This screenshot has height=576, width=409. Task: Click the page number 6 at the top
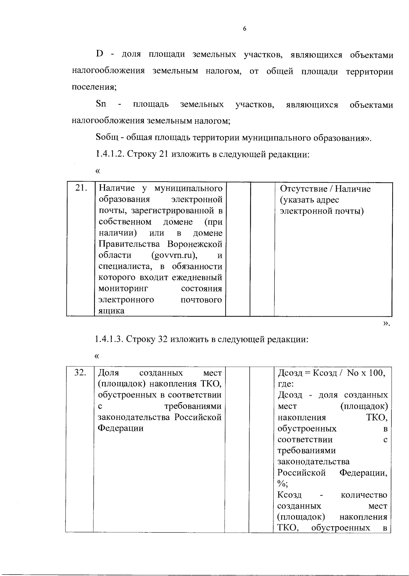[244, 29]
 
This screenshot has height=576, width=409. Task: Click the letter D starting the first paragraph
[100, 54]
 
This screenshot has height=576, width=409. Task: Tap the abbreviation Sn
[101, 104]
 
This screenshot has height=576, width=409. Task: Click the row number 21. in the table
[81, 188]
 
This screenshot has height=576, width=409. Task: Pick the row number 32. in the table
[80, 373]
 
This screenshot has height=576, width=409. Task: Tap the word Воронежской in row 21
[195, 244]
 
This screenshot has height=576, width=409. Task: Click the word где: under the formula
[286, 384]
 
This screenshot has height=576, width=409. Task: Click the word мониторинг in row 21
[123, 289]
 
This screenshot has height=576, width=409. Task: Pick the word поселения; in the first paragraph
[94, 87]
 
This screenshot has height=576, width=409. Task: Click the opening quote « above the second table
[97, 357]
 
